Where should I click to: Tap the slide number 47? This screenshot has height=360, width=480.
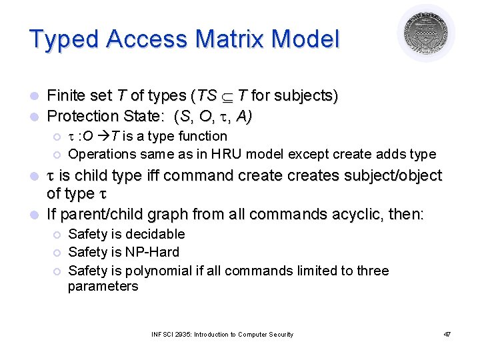pyautogui.click(x=447, y=334)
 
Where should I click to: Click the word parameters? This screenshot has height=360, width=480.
pyautogui.click(x=103, y=287)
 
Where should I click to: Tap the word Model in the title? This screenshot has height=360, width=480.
pyautogui.click(x=307, y=39)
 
